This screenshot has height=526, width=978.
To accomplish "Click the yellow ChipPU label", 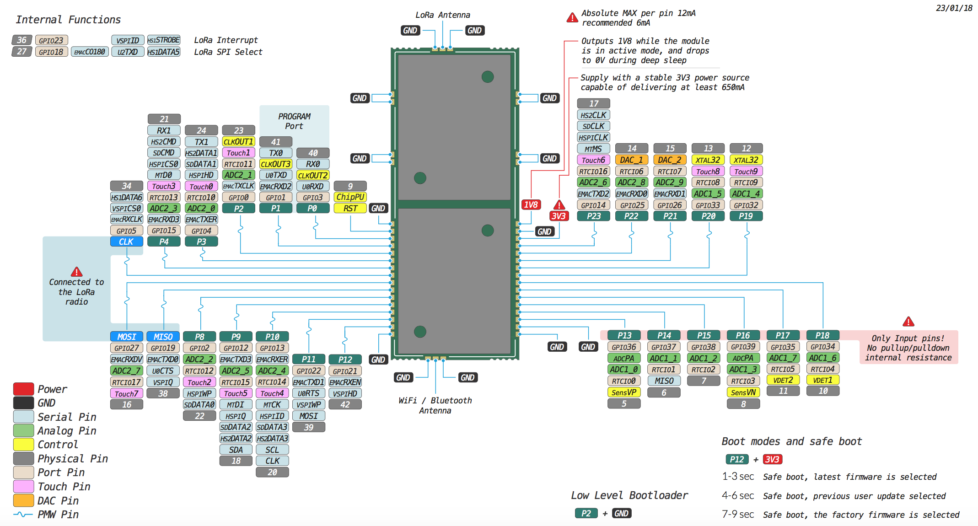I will click(x=350, y=197).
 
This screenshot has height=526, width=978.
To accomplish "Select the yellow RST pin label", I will click(x=350, y=209).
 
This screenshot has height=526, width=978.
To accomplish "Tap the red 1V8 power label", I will click(x=531, y=205).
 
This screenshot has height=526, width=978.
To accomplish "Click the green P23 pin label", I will click(x=594, y=216).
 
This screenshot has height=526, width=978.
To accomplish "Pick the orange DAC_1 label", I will click(x=631, y=160).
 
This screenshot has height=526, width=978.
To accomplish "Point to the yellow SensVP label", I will click(x=623, y=392).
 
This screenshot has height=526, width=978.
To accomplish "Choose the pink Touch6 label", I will click(x=593, y=160).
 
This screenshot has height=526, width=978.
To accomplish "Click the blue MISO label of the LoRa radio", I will click(x=163, y=337).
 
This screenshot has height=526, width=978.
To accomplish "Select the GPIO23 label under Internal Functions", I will click(x=51, y=40).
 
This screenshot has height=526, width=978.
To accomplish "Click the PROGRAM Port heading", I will click(x=294, y=121).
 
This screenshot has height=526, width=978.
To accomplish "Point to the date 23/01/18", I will click(x=954, y=8).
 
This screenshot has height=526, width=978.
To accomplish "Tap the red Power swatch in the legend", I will click(x=23, y=389).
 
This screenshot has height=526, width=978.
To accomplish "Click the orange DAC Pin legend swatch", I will click(x=23, y=500).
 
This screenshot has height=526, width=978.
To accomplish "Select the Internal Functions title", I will click(x=68, y=20).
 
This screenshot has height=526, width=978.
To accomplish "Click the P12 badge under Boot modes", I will click(x=736, y=459).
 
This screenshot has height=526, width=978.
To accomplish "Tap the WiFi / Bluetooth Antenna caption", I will click(x=435, y=405).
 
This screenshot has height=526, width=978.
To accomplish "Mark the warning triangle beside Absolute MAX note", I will click(x=572, y=18).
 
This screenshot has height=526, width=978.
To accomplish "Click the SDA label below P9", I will click(x=236, y=450).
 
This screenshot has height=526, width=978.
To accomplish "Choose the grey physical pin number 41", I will click(x=275, y=142).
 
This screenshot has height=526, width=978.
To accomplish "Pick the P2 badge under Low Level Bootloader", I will click(x=586, y=513).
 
